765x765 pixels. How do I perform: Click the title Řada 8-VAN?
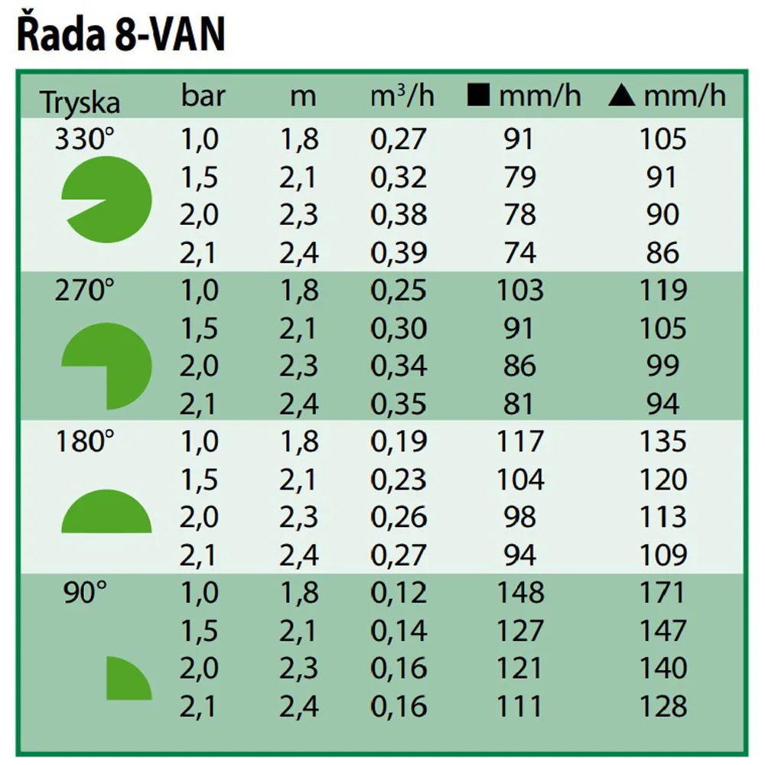121,36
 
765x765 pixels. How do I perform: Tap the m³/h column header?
402,97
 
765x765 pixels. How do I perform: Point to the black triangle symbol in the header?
621,97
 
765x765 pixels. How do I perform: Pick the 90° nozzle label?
86,593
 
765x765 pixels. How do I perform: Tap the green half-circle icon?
106,513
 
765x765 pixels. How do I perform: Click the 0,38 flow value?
399,215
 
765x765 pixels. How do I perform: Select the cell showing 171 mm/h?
662,593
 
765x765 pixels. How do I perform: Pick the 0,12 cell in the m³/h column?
399,593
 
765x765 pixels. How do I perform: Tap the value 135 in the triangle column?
662,441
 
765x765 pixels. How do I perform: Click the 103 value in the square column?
520,291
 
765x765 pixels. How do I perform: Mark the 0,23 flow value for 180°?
399,480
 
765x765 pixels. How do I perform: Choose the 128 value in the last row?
662,706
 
